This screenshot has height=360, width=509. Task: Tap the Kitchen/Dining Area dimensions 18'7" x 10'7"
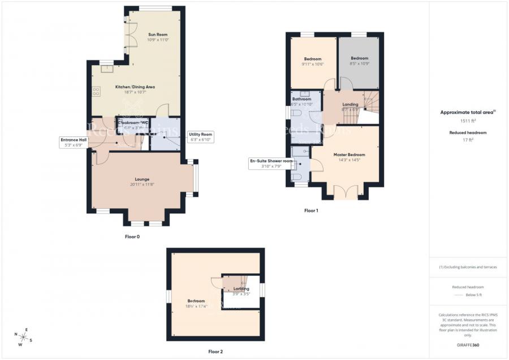pyautogui.click(x=135, y=92)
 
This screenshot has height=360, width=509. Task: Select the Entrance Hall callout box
pyautogui.click(x=74, y=142)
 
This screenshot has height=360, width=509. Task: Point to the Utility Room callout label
pyautogui.click(x=201, y=137)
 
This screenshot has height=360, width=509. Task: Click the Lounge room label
pyautogui.click(x=142, y=179)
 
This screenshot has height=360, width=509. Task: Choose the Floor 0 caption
pyautogui.click(x=132, y=237)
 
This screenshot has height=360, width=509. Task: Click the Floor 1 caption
pyautogui.click(x=311, y=211)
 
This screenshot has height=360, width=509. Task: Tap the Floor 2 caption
pyautogui.click(x=215, y=352)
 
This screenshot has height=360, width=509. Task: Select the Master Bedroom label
pyautogui.click(x=349, y=155)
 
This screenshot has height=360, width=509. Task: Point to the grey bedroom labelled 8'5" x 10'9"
pyautogui.click(x=359, y=61)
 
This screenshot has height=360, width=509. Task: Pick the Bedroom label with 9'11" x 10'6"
pyautogui.click(x=313, y=59)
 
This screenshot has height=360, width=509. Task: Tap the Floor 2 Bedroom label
pyautogui.click(x=196, y=301)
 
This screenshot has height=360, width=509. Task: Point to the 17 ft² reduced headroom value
pyautogui.click(x=468, y=140)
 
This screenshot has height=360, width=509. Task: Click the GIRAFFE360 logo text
pyautogui.click(x=468, y=345)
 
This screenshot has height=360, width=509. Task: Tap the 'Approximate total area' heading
pyautogui.click(x=467, y=112)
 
